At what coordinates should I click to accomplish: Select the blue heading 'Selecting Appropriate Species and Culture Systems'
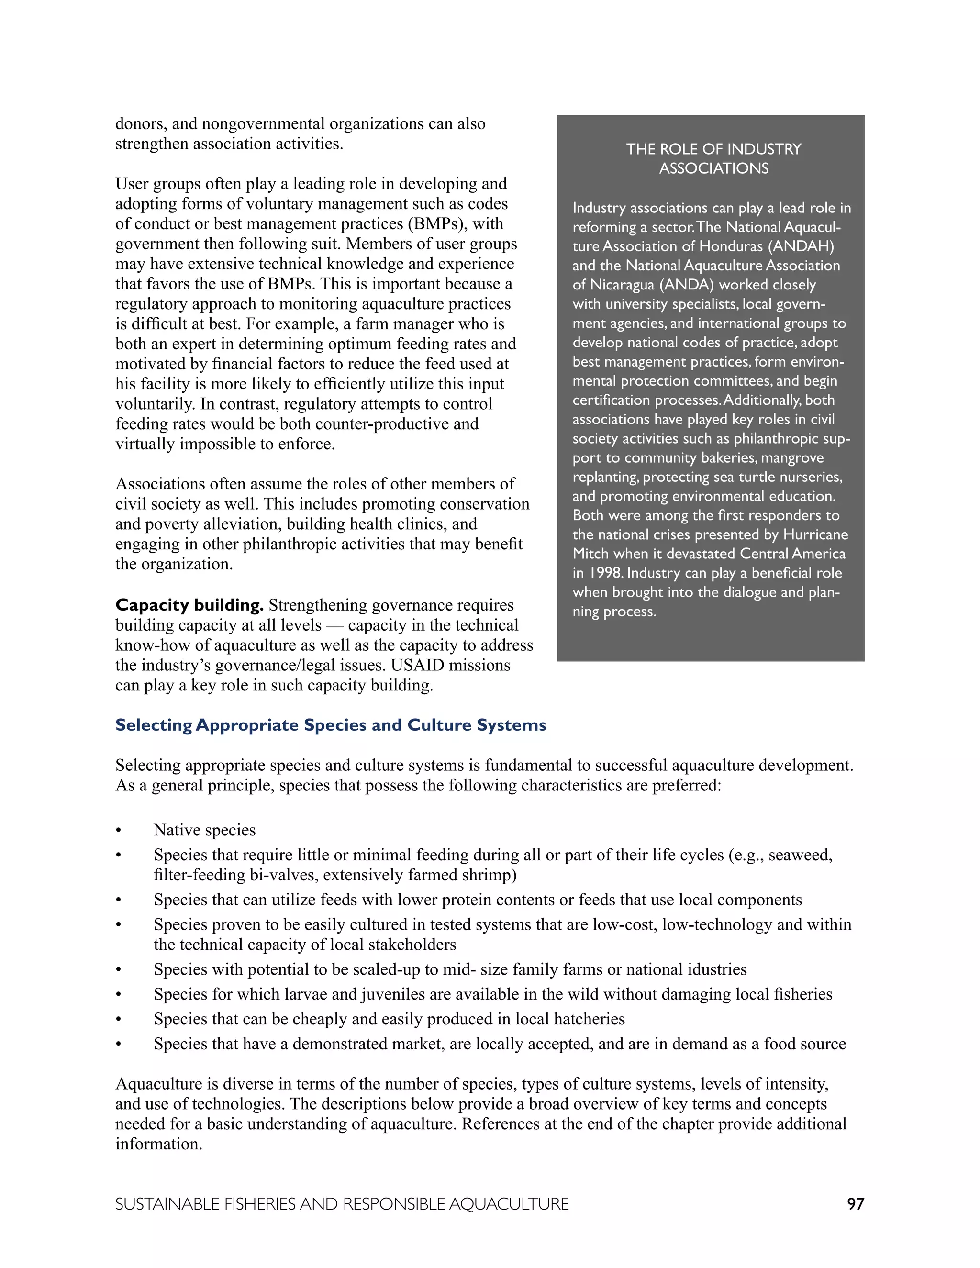tap(330, 724)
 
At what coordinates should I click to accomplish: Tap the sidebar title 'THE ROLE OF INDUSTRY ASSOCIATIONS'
tap(713, 158)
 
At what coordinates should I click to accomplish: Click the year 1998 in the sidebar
tap(605, 573)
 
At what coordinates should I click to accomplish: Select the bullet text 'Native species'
tap(204, 830)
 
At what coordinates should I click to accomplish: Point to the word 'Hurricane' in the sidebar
tap(815, 535)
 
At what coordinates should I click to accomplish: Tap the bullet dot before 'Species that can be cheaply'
tap(119, 1020)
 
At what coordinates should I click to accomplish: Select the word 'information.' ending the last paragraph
tap(158, 1145)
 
